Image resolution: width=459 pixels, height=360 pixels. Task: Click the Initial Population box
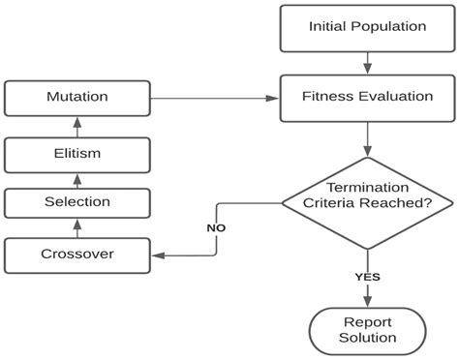point(366,27)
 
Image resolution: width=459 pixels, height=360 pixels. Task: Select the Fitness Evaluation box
point(366,97)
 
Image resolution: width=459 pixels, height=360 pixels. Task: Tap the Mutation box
point(77,97)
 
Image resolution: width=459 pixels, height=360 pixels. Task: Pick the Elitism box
point(77,152)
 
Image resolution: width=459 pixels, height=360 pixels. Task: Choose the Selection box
point(77,202)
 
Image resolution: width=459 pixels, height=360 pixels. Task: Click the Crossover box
point(77,255)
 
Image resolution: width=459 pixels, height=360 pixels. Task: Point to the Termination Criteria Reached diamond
point(366,201)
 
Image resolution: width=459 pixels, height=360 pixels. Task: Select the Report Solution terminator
point(366,330)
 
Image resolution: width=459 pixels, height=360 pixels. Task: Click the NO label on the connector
point(216,227)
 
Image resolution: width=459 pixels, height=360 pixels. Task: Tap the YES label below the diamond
point(366,277)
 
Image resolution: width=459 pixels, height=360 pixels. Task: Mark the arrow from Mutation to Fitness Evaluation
point(213,97)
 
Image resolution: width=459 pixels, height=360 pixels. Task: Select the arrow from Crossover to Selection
point(77,228)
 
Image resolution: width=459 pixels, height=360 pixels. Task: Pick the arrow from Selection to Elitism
point(77,178)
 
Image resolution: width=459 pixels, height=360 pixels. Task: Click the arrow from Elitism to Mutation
point(77,125)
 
